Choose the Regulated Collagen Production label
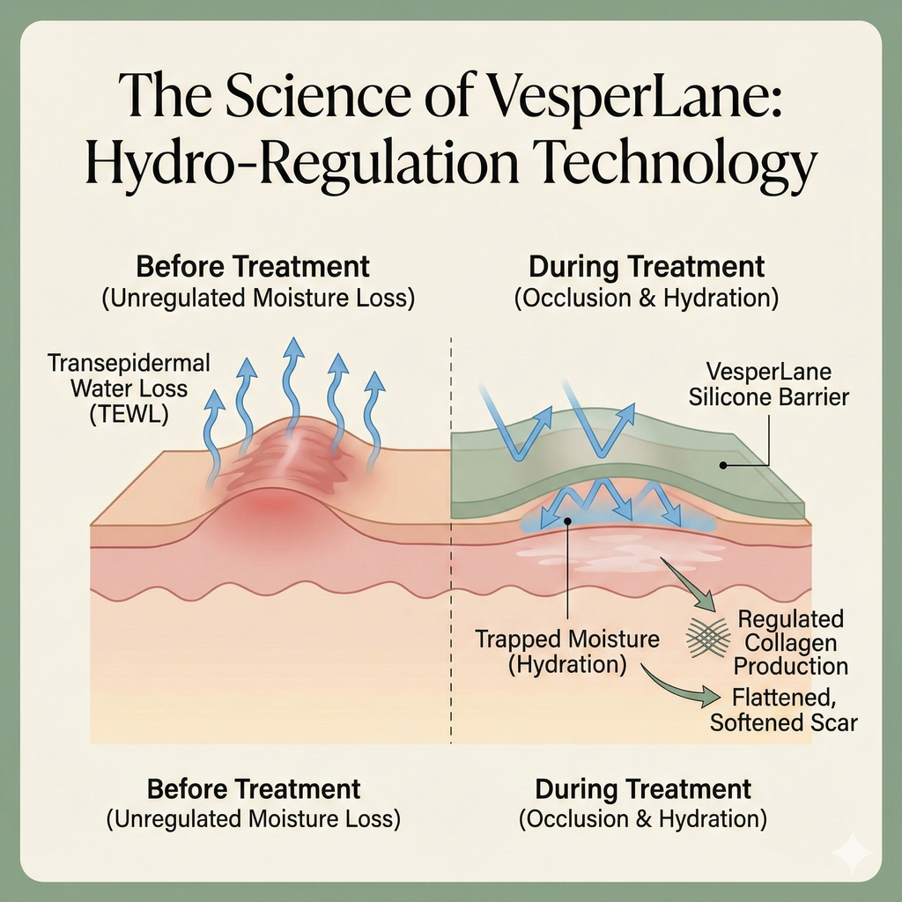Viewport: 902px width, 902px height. click(x=790, y=643)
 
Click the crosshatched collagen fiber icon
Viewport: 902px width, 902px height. click(x=707, y=633)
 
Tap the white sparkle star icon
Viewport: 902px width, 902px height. click(x=855, y=852)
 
